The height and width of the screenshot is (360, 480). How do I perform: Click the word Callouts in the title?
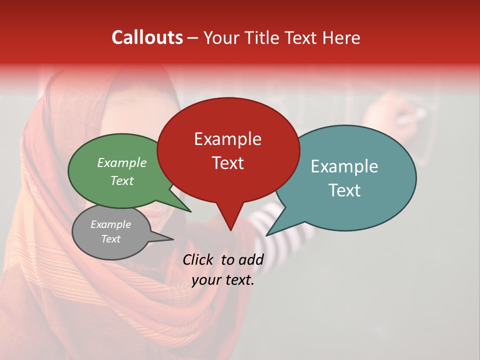[147, 37]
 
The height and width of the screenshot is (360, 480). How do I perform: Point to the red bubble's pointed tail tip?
[230, 230]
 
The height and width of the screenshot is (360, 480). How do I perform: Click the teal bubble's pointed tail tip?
[266, 235]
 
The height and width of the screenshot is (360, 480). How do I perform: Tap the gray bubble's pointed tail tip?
[173, 239]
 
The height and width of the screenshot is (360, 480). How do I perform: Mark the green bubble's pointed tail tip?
[191, 212]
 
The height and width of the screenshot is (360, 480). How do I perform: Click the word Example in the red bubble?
[227, 139]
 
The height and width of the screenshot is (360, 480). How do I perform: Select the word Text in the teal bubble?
[344, 190]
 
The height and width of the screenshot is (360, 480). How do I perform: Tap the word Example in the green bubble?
[122, 163]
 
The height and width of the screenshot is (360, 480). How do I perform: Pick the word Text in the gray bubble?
[111, 239]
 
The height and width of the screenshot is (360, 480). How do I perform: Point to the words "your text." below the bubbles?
[223, 280]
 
